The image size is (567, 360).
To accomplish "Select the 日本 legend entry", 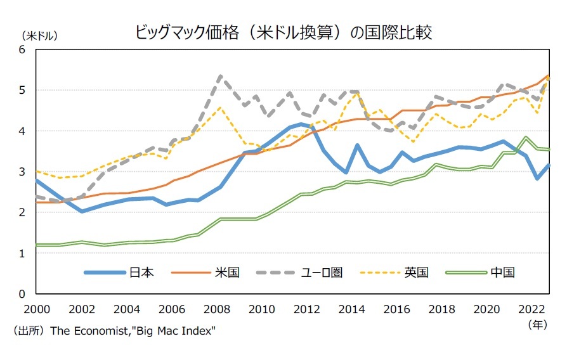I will pyautogui.click(x=141, y=273).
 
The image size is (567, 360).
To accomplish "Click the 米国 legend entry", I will pyautogui.click(x=227, y=273).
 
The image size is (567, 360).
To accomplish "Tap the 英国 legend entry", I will pyautogui.click(x=416, y=273).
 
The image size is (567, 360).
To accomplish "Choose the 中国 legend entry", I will pyautogui.click(x=502, y=273).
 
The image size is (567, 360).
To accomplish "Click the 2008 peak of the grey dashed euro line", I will pyautogui.click(x=220, y=77).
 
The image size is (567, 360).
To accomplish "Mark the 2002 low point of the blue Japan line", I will pyautogui.click(x=82, y=211).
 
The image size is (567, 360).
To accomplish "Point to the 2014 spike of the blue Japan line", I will pyautogui.click(x=358, y=145).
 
